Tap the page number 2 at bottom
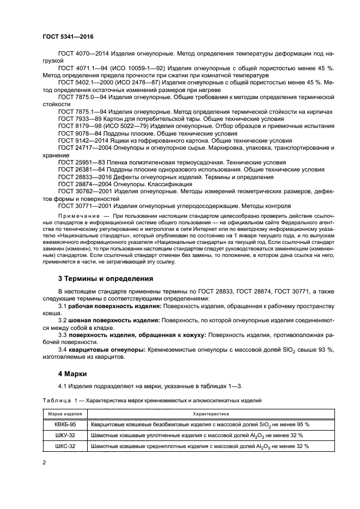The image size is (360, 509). pyautogui.click(x=44, y=462)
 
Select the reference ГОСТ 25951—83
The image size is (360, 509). pyautogui.click(x=81, y=162)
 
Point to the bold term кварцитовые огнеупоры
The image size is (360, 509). pyautogui.click(x=106, y=348)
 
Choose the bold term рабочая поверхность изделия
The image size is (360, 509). pyautogui.click(x=112, y=306)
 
